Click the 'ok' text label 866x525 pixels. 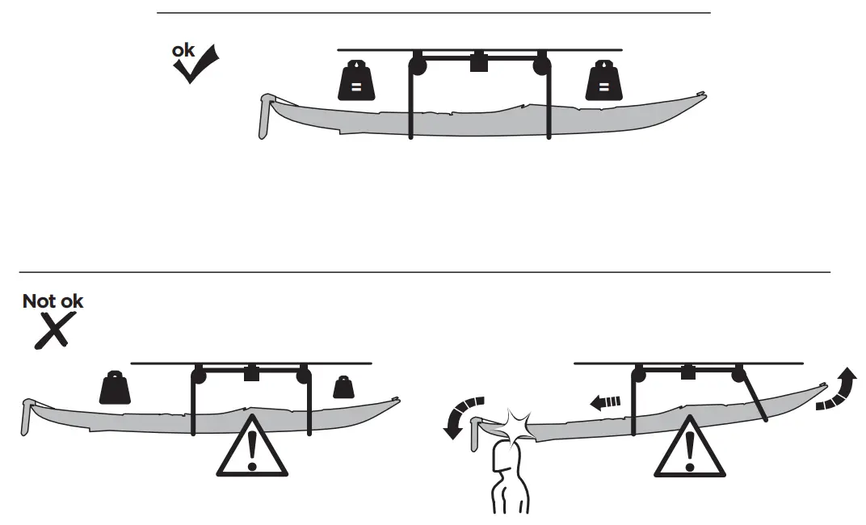point(183,50)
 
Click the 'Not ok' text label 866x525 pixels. point(53,301)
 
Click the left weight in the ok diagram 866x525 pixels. point(355,81)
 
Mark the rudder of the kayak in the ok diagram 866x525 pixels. point(264,116)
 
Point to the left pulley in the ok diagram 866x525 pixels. point(418,64)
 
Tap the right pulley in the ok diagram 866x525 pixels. point(540,64)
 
